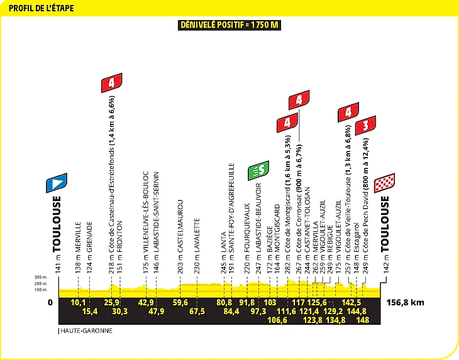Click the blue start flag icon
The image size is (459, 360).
pyautogui.click(x=57, y=183)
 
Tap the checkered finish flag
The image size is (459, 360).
pyautogui.click(x=384, y=183)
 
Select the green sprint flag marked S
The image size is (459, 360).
pyautogui.click(x=258, y=170)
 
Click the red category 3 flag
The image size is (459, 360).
pyautogui.click(x=365, y=126)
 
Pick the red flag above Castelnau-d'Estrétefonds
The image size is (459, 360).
pyautogui.click(x=111, y=83)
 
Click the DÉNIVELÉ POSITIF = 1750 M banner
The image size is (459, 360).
pyautogui.click(x=229, y=25)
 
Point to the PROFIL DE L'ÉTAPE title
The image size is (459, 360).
pyautogui.click(x=41, y=8)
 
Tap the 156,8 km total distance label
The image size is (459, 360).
pyautogui.click(x=405, y=302)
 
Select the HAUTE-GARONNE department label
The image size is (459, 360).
pyautogui.click(x=86, y=330)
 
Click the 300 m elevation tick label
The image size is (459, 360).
pyautogui.click(x=40, y=277)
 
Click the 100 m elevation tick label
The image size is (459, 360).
pyautogui.click(x=40, y=290)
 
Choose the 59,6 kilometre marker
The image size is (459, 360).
pyautogui.click(x=180, y=302)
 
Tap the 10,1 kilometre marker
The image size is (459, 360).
pyautogui.click(x=78, y=302)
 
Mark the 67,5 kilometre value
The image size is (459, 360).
pyautogui.click(x=197, y=311)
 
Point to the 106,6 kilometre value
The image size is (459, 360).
pyautogui.click(x=277, y=320)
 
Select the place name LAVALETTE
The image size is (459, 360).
pyautogui.click(x=197, y=235)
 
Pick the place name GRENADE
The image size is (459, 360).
pyautogui.click(x=89, y=237)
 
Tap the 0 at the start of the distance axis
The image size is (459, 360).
pyautogui.click(x=50, y=302)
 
